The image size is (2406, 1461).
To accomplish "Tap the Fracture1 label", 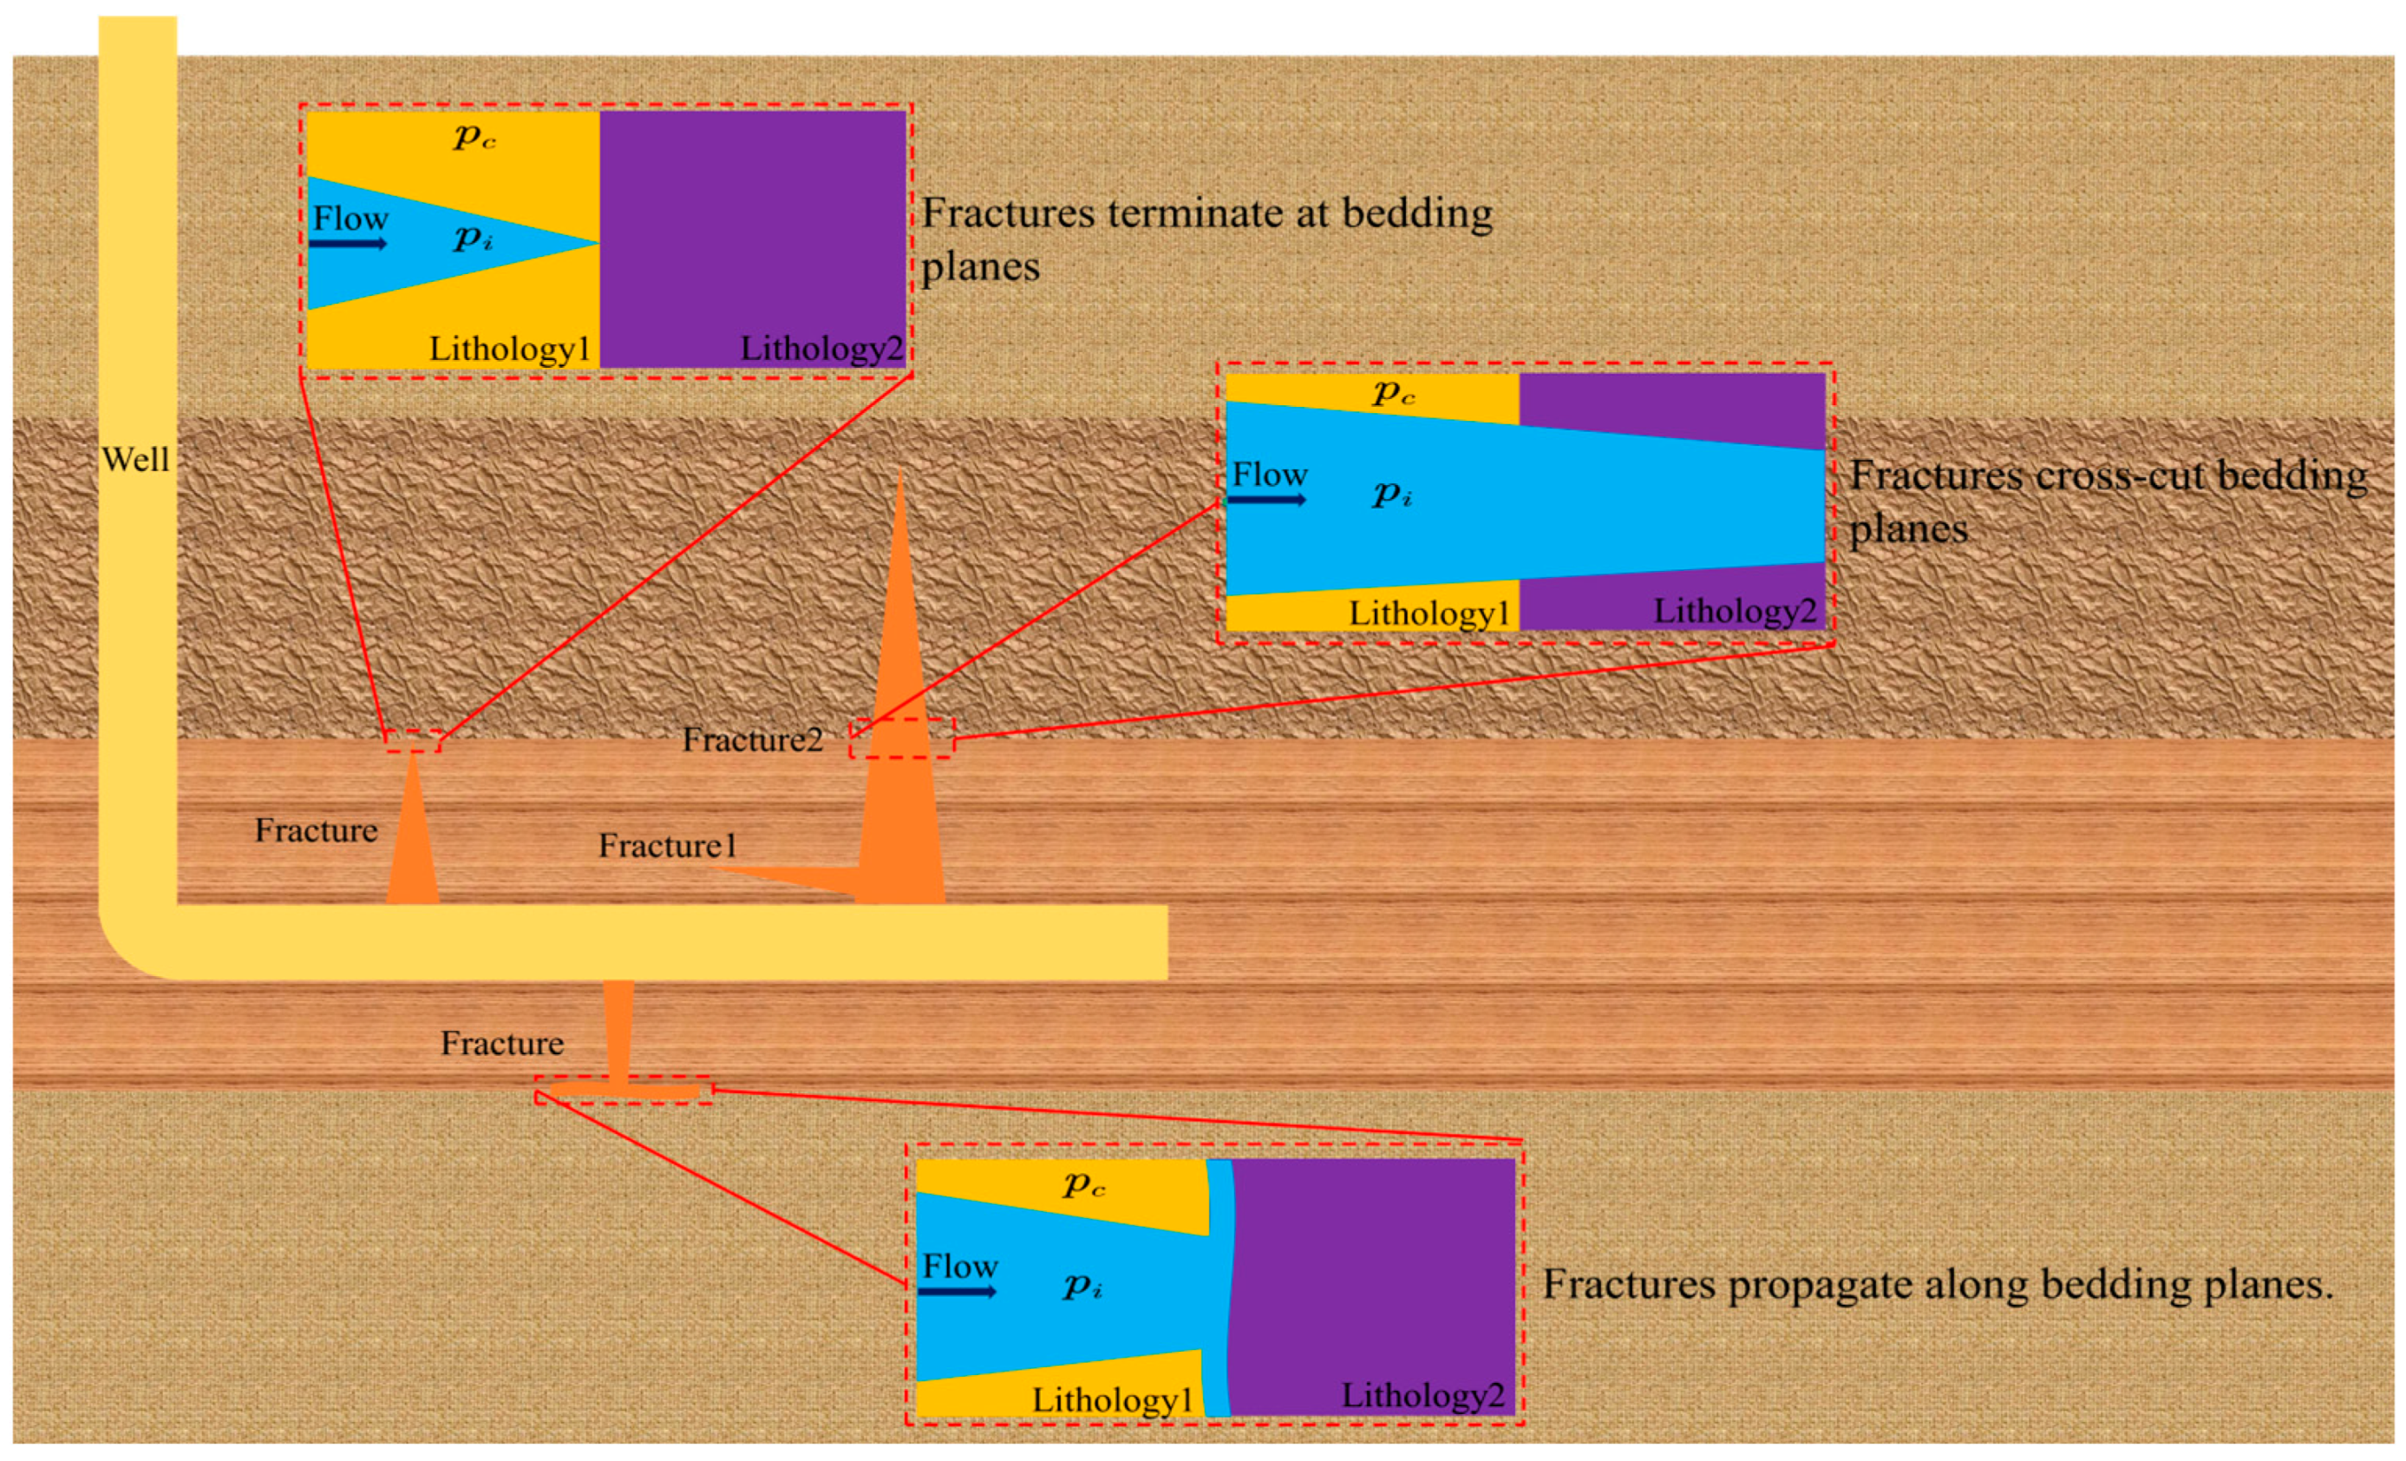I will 667,846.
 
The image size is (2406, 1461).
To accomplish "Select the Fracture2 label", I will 752,740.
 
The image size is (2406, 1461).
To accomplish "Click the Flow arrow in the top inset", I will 348,243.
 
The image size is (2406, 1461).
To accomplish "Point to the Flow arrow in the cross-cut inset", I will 1266,500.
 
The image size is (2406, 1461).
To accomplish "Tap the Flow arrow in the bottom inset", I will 957,1292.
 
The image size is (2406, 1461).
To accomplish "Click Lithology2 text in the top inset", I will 821,349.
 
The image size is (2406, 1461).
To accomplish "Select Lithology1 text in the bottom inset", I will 1112,1399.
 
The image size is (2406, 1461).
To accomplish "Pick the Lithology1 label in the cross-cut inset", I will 1429,613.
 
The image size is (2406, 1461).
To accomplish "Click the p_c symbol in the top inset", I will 474,138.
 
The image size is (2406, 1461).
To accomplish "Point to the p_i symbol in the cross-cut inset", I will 1392,495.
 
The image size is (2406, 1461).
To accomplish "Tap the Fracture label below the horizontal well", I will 502,1043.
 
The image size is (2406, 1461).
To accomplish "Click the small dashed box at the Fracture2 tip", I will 901,738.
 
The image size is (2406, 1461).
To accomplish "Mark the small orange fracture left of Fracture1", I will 413,840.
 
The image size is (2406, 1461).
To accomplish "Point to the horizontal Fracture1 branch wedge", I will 791,876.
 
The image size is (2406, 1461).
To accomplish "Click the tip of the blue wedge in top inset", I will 596,243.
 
